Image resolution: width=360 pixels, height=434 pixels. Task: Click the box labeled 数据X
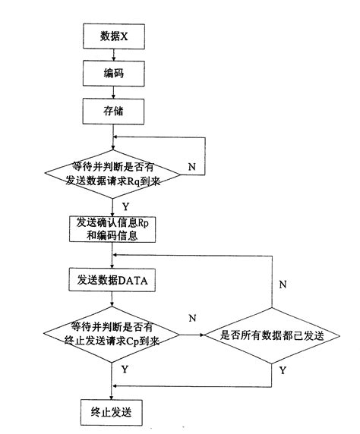click(113, 36)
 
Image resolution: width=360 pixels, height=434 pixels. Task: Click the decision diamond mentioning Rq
click(113, 175)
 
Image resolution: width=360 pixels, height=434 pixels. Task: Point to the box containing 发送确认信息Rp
click(113, 228)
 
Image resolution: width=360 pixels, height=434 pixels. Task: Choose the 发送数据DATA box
click(113, 281)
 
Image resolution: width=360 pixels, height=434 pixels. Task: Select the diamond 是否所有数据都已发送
click(272, 333)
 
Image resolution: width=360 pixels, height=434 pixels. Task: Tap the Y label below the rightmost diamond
click(283, 372)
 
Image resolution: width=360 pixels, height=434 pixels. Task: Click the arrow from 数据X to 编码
click(113, 54)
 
